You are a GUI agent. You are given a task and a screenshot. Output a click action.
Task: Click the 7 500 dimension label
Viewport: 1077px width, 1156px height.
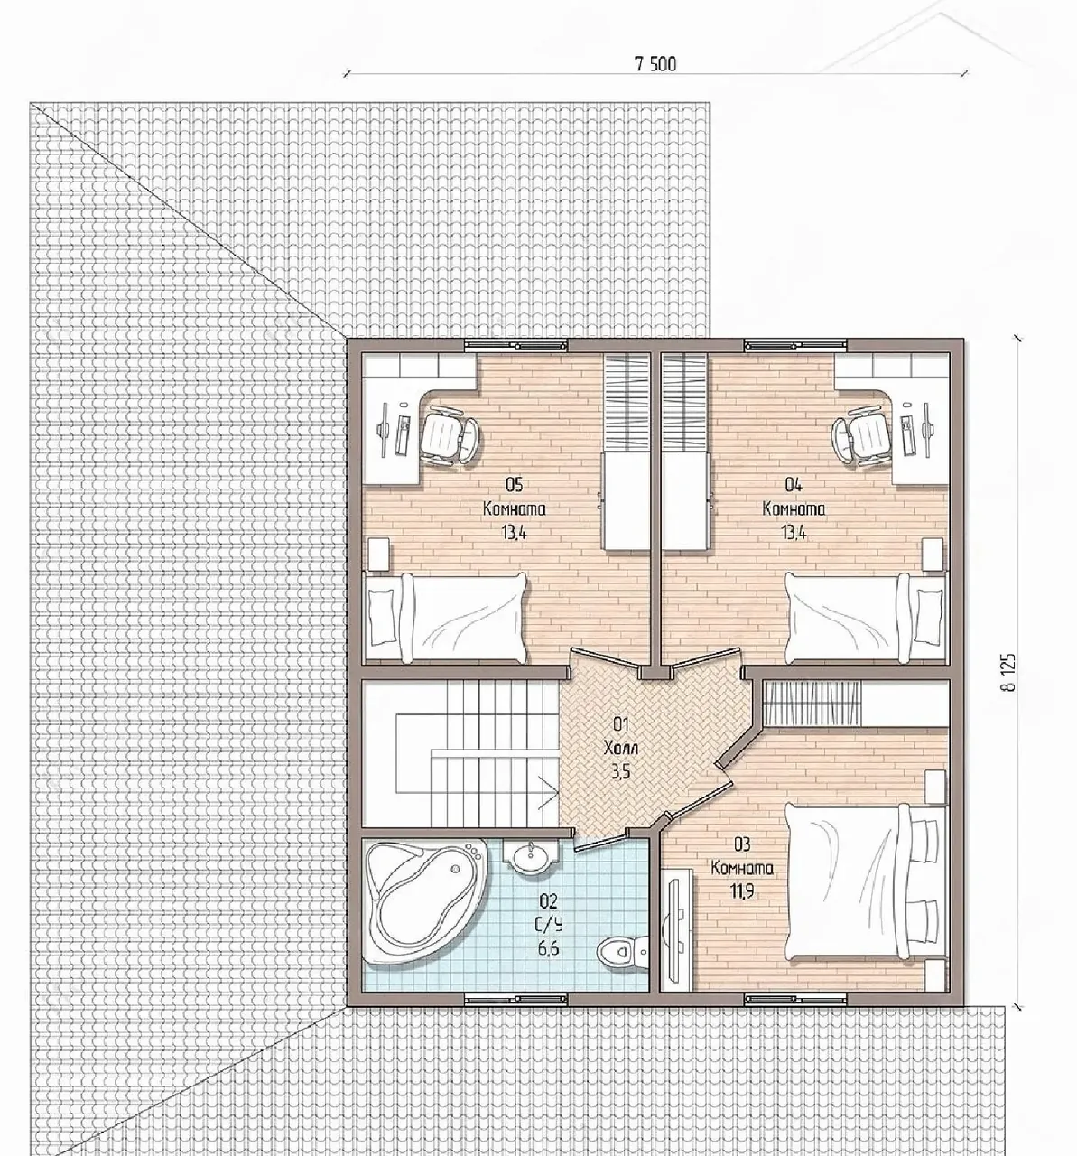click(x=655, y=64)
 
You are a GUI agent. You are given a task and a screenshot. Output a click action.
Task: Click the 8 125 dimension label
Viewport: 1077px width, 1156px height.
click(x=1008, y=672)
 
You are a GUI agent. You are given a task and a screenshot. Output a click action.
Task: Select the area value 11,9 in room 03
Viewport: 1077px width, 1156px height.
click(x=742, y=890)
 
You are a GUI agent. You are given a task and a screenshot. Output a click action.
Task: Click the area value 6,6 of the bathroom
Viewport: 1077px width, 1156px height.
click(x=548, y=948)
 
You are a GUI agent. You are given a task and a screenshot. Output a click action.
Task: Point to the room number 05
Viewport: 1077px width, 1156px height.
click(x=514, y=484)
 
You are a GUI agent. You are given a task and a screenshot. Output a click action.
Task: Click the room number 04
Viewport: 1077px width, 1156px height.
click(x=794, y=484)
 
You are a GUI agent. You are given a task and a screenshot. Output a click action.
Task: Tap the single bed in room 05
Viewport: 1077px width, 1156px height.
click(x=445, y=618)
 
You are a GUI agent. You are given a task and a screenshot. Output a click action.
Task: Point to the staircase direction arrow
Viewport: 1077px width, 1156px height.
click(x=547, y=793)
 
